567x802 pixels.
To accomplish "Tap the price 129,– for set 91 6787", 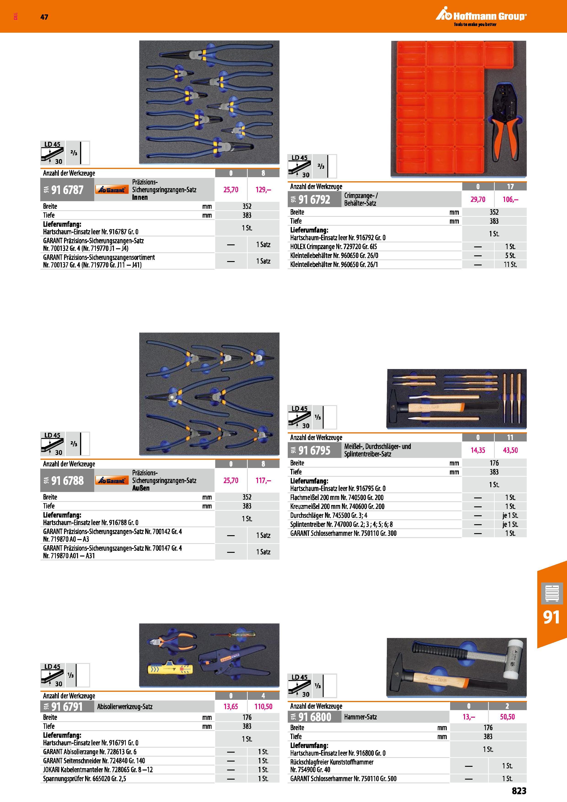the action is click(263, 190).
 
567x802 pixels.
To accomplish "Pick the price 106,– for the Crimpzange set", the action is click(511, 199).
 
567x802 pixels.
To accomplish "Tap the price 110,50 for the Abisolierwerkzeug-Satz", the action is click(263, 706).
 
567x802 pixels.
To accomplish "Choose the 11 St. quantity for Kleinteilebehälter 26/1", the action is click(511, 265).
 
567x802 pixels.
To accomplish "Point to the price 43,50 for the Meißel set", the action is click(511, 450).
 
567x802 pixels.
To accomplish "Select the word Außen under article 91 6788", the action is click(141, 488).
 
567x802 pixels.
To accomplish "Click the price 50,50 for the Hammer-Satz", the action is click(507, 717).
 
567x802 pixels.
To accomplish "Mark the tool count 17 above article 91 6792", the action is click(511, 187).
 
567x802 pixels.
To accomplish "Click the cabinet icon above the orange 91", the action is click(552, 593).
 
